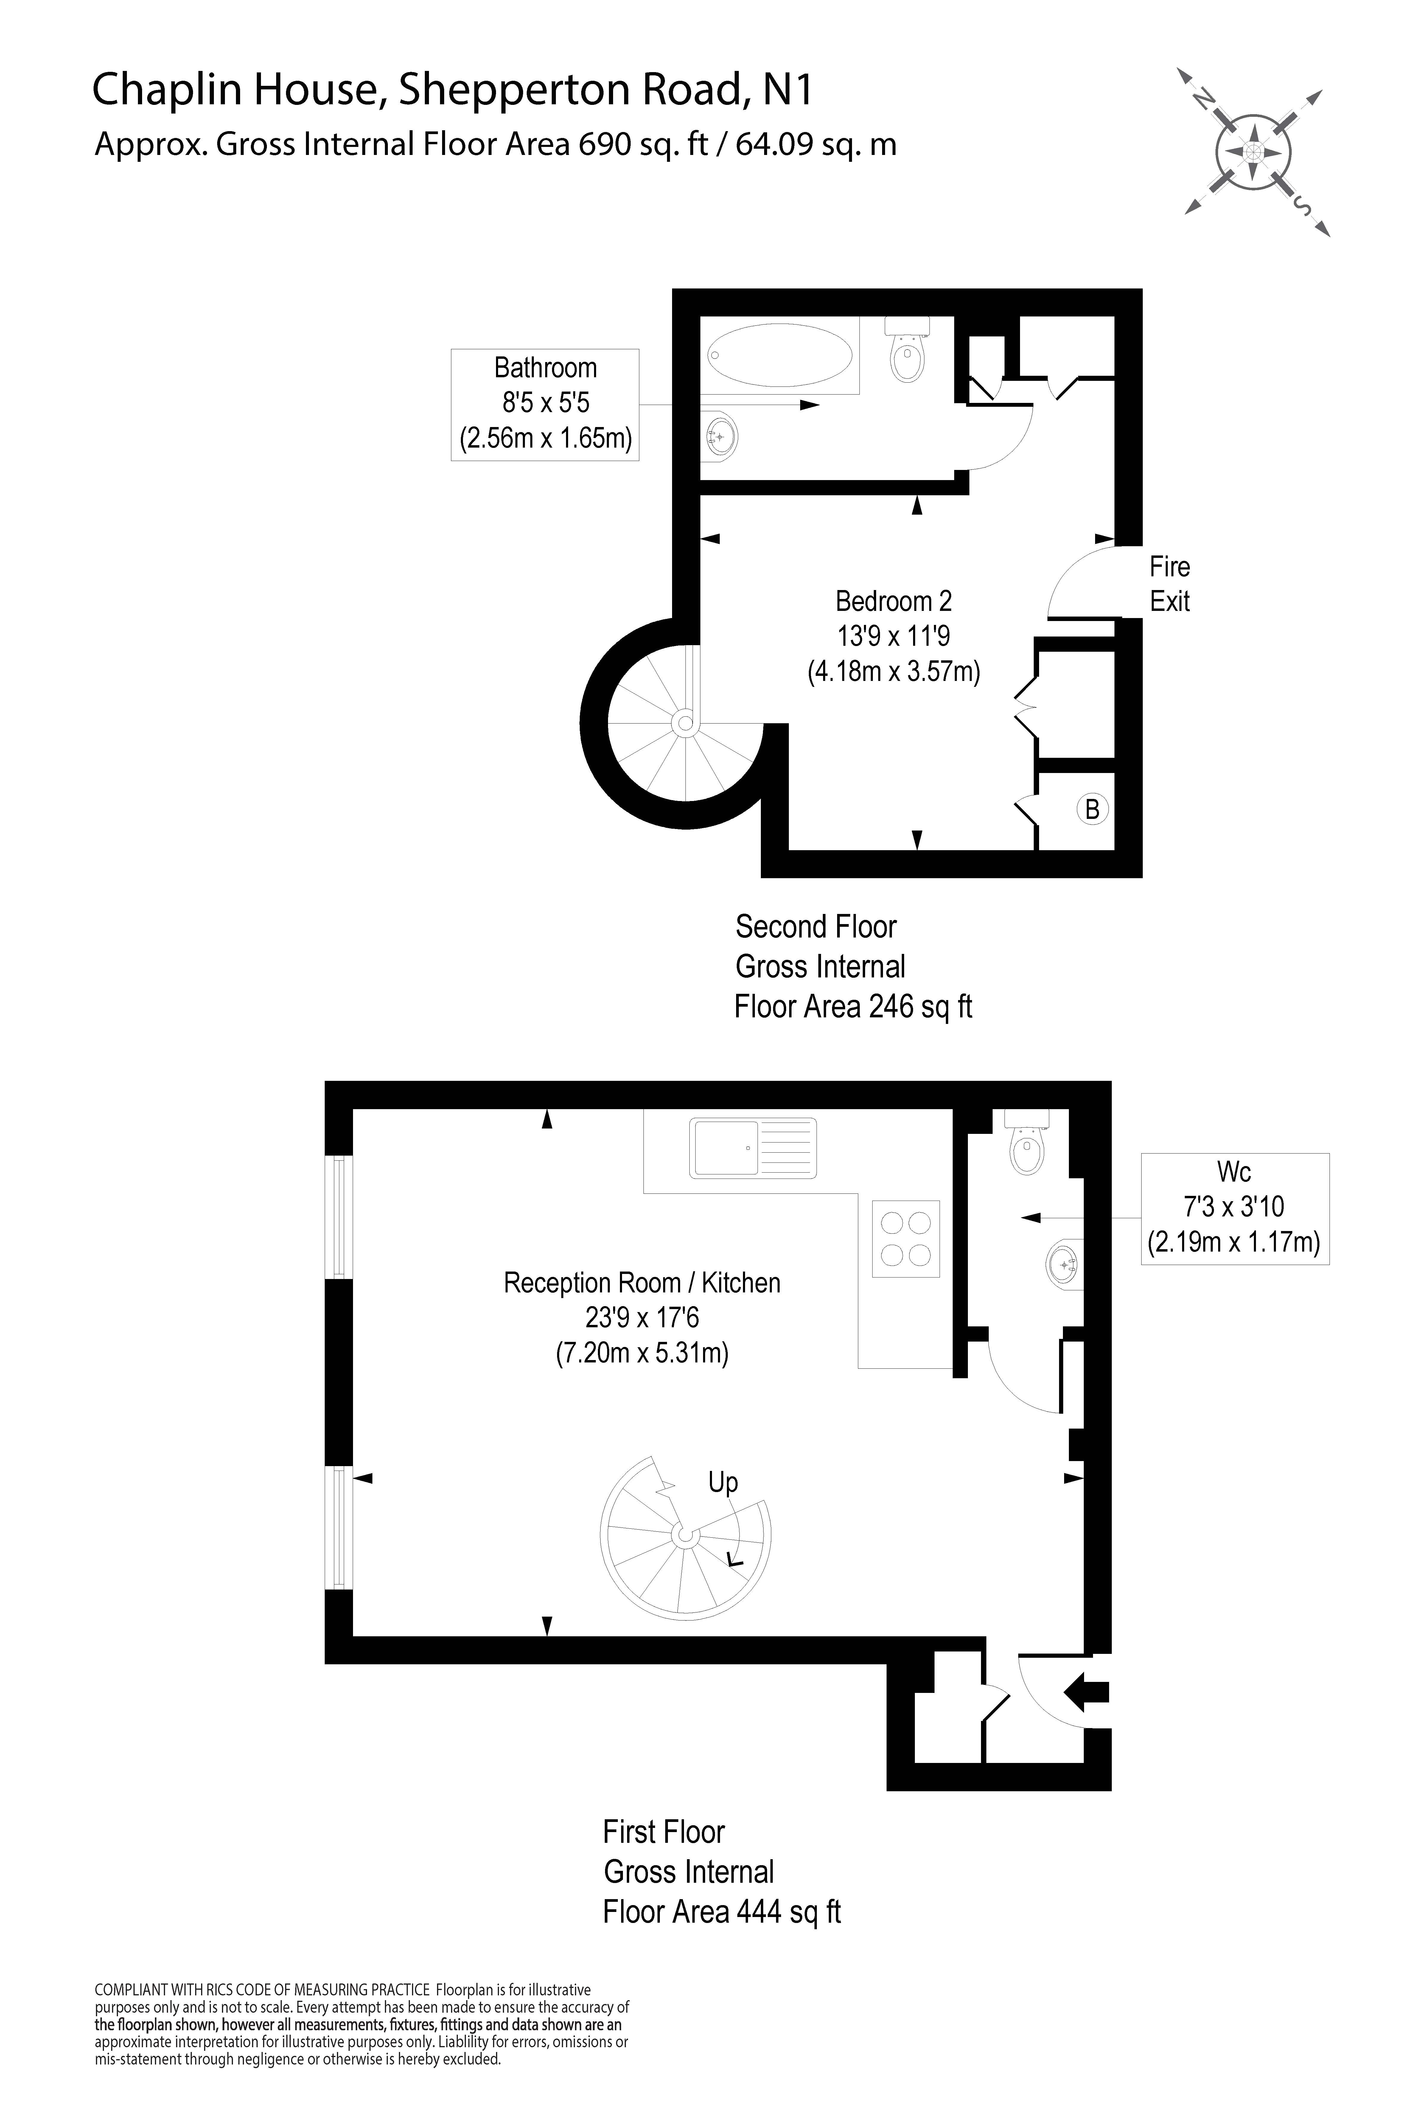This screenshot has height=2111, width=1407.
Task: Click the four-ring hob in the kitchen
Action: pos(906,1238)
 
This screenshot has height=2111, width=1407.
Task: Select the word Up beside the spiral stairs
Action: pos(723,1482)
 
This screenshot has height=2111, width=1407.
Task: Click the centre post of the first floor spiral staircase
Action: pos(685,1536)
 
